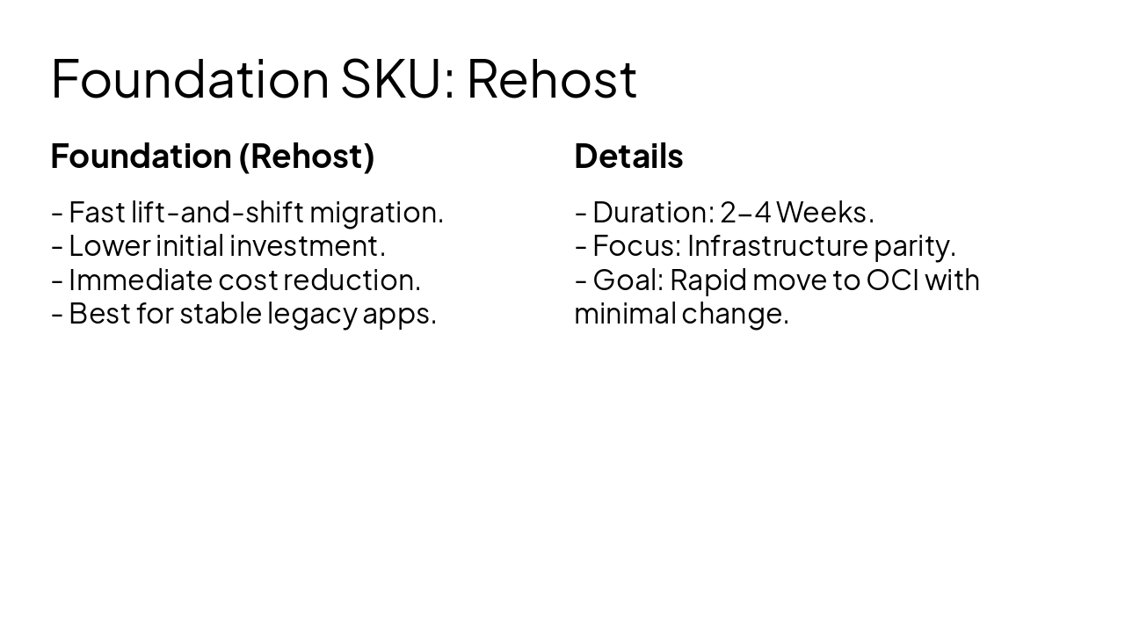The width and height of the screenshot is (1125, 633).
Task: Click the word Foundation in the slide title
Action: point(189,78)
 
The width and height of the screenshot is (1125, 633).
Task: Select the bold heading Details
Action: point(628,156)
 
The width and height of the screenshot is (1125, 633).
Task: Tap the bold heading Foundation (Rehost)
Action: point(213,156)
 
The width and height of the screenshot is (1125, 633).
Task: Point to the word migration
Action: point(375,212)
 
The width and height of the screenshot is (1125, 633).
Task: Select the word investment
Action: point(307,245)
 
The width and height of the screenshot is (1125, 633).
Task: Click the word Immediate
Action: point(141,280)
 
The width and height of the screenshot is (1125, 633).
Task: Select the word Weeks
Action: point(824,212)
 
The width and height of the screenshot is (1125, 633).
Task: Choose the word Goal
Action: point(628,280)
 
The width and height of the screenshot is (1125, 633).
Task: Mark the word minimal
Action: point(624,313)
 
